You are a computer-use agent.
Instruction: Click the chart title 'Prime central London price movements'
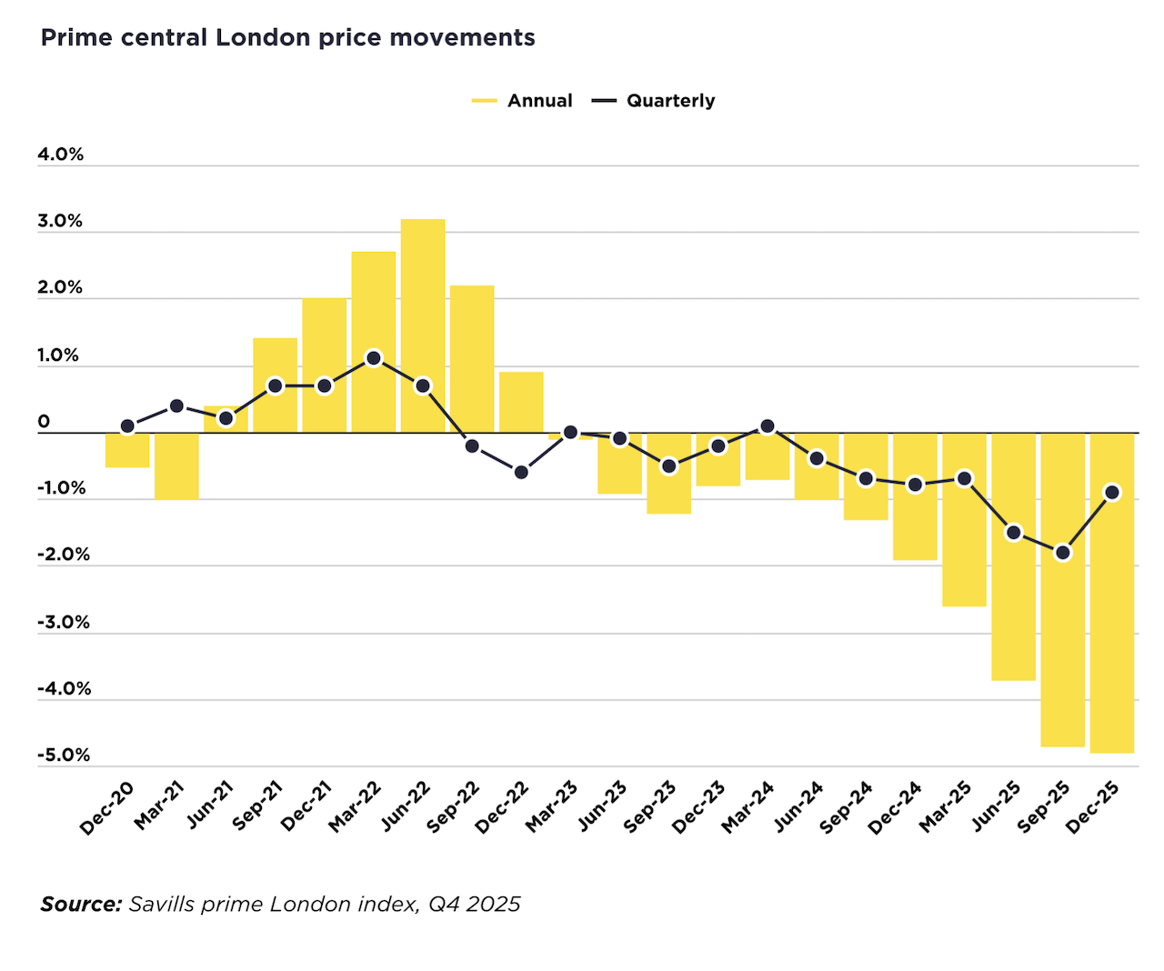coord(287,38)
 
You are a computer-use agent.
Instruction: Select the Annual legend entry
coord(523,101)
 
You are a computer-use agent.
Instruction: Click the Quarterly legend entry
coord(654,101)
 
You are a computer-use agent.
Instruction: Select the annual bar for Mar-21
coord(176,465)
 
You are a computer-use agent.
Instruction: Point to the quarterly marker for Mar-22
coord(374,358)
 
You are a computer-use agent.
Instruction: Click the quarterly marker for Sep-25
coord(1062,552)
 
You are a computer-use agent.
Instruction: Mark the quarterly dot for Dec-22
coord(521,472)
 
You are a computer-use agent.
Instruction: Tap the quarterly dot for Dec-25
coord(1111,492)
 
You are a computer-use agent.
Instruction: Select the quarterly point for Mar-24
coord(768,426)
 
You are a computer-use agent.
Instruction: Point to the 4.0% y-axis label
coord(60,155)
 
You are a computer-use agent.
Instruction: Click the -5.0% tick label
coord(64,756)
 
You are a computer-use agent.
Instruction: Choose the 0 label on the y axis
coord(44,422)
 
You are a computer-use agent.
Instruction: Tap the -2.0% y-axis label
coord(64,555)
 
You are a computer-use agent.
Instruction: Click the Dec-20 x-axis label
coord(107,807)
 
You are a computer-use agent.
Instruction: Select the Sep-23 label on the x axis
coord(650,807)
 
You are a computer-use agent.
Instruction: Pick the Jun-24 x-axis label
coord(798,807)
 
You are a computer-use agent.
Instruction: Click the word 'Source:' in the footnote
coord(81,905)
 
